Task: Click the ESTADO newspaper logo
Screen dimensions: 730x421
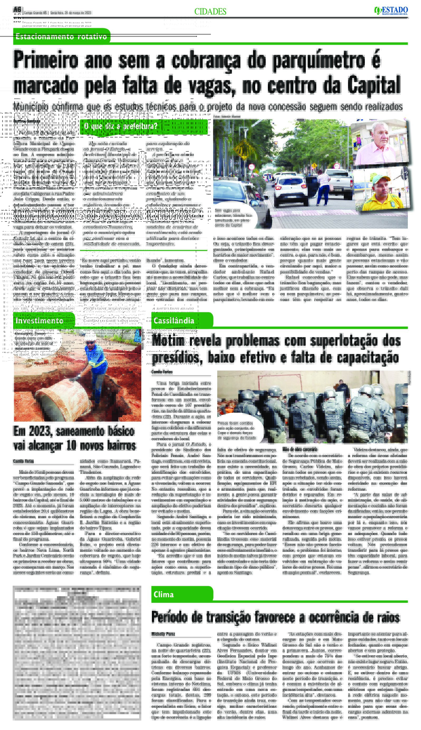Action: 391,11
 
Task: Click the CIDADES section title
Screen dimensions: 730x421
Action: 210,12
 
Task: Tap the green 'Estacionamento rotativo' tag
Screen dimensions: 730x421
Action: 61,37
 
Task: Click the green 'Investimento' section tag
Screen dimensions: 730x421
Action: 40,320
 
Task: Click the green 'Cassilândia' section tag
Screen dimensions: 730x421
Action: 174,320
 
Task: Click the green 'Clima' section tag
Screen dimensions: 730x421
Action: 164,594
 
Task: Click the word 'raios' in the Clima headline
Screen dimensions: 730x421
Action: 386,618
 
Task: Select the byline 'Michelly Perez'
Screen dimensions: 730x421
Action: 163,634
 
